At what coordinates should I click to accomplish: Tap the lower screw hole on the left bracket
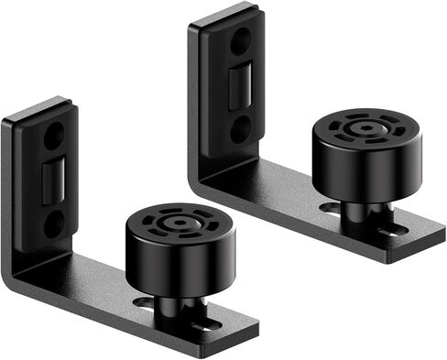(54, 222)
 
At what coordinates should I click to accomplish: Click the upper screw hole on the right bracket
(239, 41)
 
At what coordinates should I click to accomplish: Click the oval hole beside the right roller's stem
(331, 209)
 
